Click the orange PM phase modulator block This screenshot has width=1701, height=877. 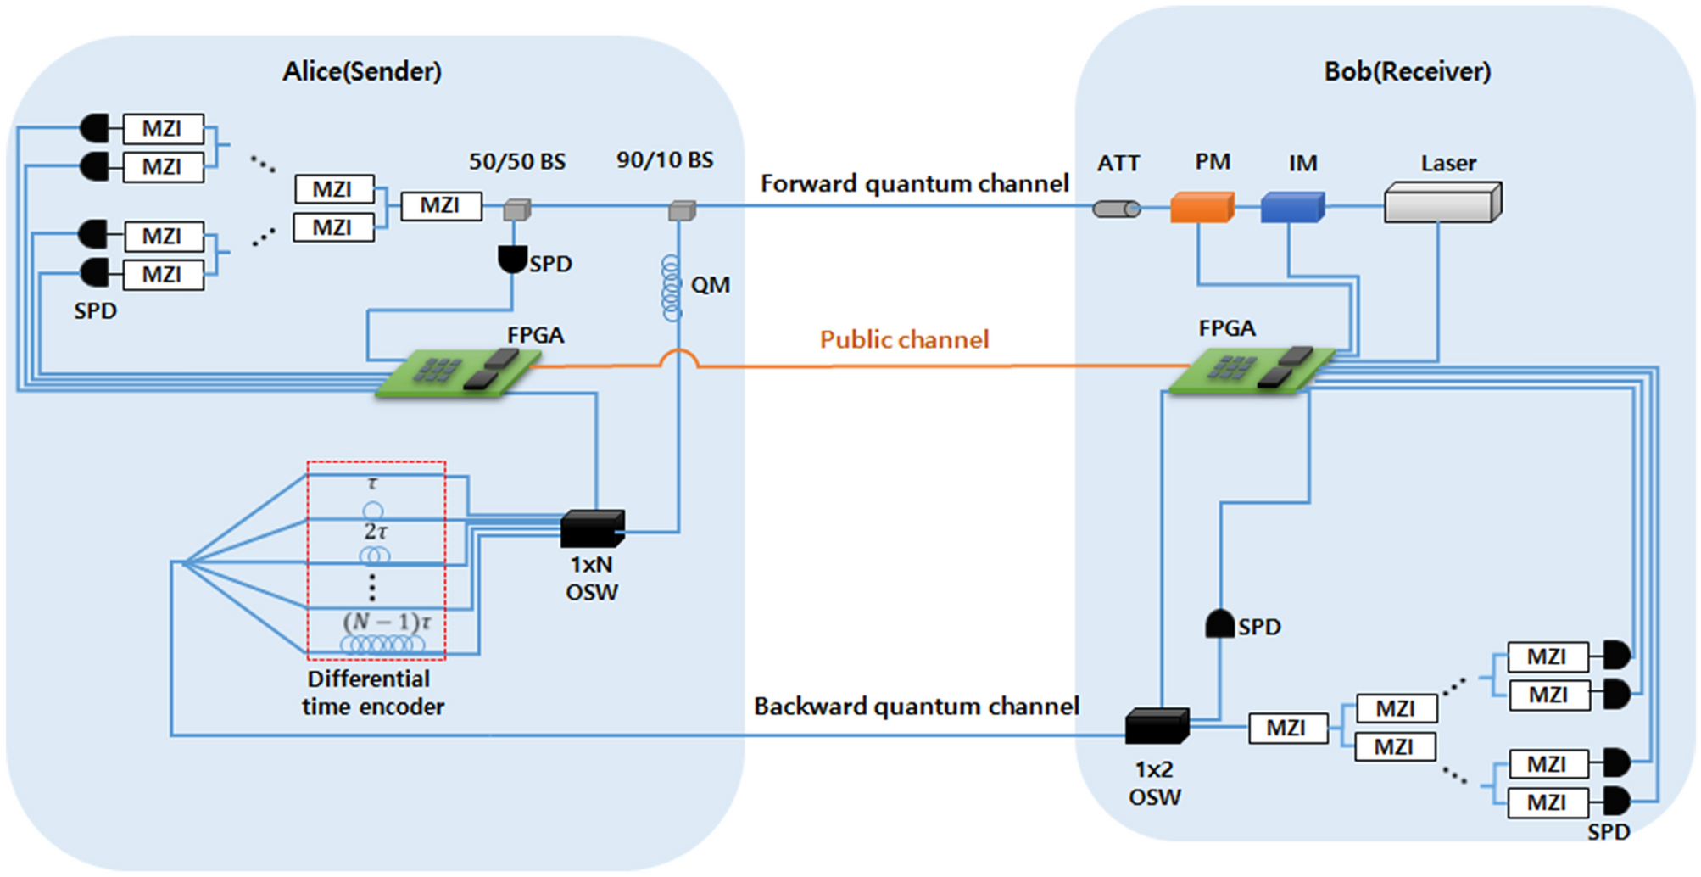[x=1202, y=207]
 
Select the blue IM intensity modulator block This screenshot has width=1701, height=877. [x=1291, y=207]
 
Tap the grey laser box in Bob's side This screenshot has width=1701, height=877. [x=1442, y=203]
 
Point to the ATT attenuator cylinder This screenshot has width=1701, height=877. [x=1116, y=209]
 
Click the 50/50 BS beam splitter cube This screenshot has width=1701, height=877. [x=516, y=209]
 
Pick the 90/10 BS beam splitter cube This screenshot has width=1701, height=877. [x=682, y=209]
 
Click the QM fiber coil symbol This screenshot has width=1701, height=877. [x=672, y=288]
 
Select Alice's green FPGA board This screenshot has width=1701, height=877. [x=458, y=373]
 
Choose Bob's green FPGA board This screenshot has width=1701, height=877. [x=1251, y=371]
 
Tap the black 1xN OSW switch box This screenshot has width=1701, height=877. [x=593, y=528]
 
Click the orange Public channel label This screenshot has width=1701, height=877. [x=904, y=340]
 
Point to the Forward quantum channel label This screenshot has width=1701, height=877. [x=914, y=184]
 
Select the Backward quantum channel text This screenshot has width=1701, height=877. [x=916, y=707]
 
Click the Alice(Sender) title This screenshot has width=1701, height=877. [x=362, y=72]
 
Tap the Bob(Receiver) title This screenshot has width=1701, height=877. [x=1408, y=72]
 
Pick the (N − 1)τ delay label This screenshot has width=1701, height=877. [x=387, y=622]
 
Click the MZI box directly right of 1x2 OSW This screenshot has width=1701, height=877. [x=1287, y=729]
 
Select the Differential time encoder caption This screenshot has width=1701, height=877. [x=372, y=693]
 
